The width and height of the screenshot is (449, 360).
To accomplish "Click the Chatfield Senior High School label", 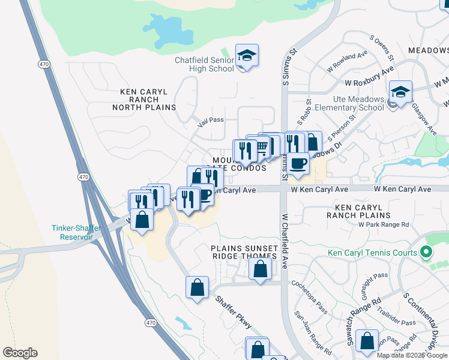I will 204,64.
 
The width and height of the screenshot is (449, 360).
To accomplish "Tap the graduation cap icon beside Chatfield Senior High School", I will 247,56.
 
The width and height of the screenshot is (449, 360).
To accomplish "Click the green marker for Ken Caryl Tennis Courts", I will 427,252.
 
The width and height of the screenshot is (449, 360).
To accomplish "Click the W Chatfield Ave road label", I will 285,240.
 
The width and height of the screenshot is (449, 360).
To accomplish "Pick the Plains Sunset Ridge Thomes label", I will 244,252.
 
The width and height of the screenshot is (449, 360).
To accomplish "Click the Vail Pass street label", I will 211,120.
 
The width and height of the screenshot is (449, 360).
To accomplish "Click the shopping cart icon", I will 262,146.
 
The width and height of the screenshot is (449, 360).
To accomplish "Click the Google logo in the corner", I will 20,353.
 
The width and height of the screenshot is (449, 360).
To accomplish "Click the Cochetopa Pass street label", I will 310,296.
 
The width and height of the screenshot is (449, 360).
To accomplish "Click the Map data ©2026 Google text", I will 412,355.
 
